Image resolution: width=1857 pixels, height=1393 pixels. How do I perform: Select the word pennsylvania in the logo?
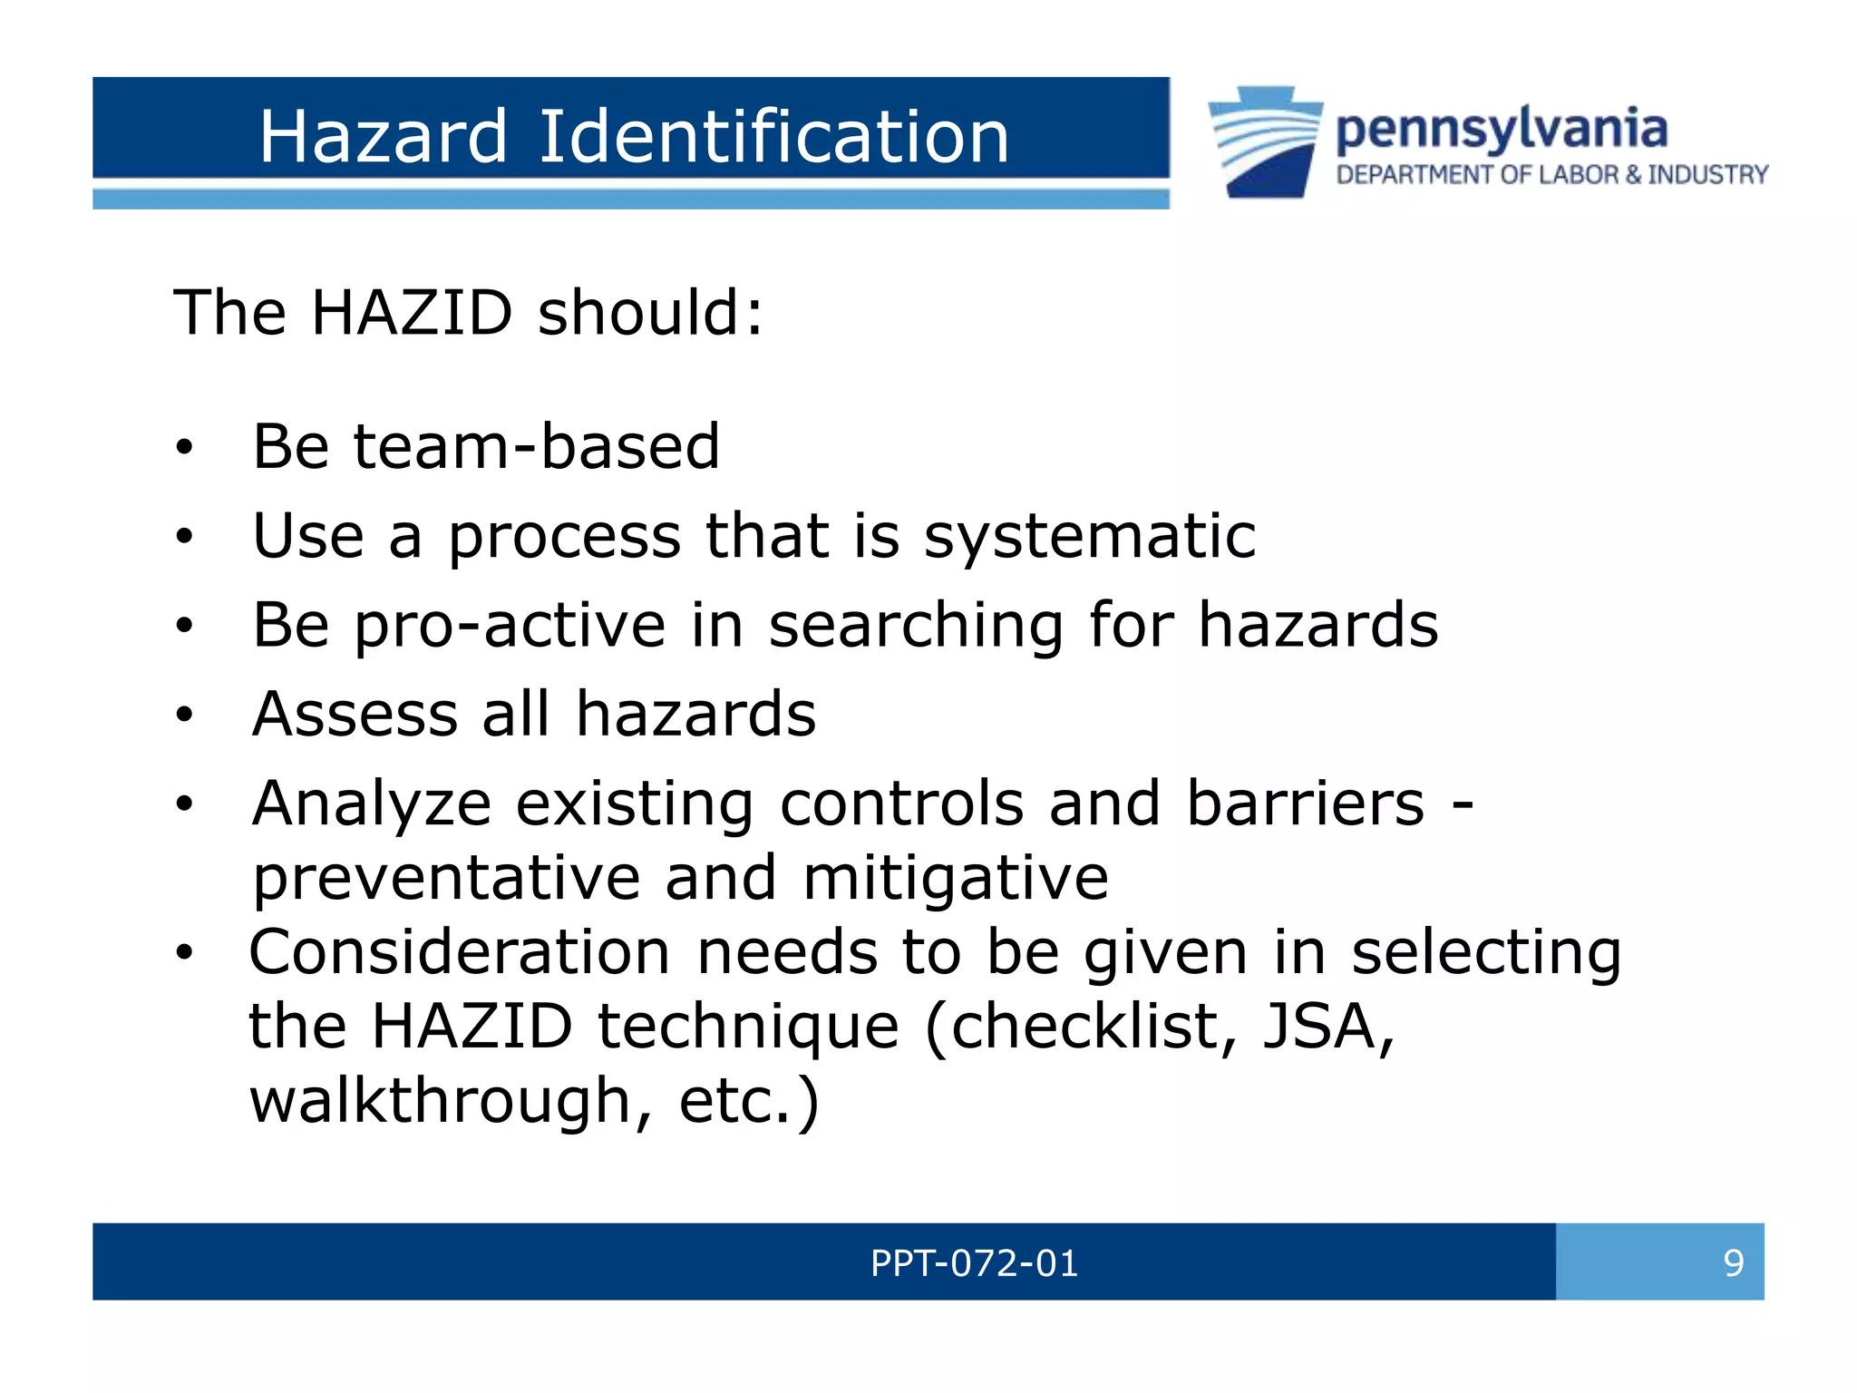coord(1501,130)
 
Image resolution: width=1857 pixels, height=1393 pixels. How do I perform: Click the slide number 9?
coord(1733,1262)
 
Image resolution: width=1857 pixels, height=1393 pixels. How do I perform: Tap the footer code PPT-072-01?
coord(974,1262)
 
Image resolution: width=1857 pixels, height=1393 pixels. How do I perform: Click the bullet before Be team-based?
coord(185,447)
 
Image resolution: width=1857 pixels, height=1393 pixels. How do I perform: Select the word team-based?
coord(536,446)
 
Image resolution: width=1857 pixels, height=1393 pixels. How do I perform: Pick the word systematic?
coord(1089,536)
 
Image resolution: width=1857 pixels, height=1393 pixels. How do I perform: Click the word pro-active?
coord(510,626)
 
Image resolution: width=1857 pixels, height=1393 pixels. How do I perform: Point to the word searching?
coord(916,626)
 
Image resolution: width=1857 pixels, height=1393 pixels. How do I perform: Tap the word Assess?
coord(355,714)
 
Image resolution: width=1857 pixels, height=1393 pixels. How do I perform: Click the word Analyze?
coord(371,805)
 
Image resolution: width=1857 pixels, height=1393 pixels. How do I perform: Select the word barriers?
coord(1305,804)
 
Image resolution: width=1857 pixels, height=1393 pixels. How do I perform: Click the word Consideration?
coord(460,952)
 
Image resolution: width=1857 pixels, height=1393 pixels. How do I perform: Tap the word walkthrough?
coord(440,1101)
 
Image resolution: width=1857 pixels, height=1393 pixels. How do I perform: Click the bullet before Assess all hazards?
coord(185,715)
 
